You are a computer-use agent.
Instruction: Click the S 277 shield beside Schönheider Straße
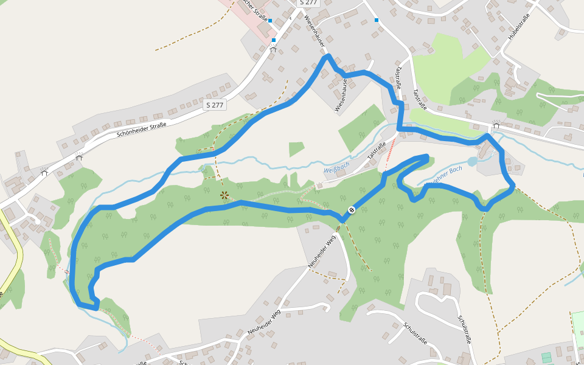point(215,105)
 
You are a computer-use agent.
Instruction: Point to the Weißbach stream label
point(337,170)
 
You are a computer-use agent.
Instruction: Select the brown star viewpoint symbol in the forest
point(224,195)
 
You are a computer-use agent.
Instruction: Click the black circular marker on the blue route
point(351,210)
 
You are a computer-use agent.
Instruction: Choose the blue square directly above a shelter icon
point(274,40)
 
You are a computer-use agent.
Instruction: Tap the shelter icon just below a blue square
point(273,49)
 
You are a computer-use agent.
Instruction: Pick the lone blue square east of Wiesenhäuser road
point(377,20)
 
